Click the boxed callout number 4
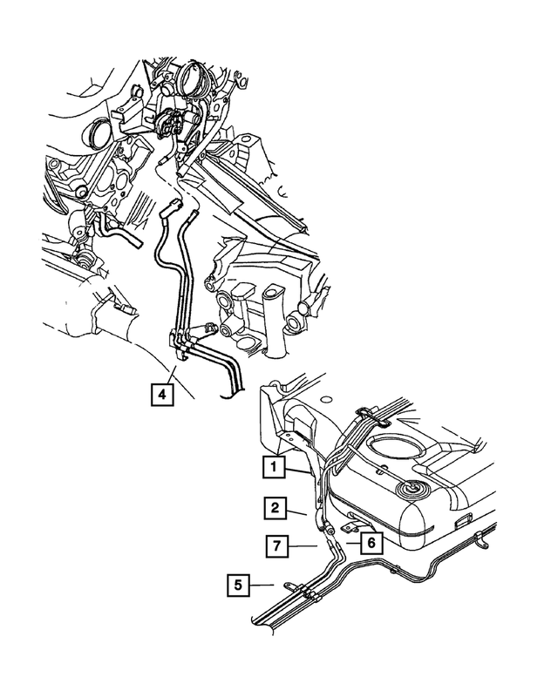click(x=162, y=394)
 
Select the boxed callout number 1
click(x=274, y=466)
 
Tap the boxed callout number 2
click(x=276, y=508)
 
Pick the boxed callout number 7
click(x=277, y=545)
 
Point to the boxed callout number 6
click(x=371, y=541)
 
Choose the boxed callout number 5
click(x=238, y=585)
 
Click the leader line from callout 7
click(x=303, y=546)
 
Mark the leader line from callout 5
click(x=262, y=585)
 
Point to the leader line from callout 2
click(x=296, y=511)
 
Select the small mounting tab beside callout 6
click(x=353, y=527)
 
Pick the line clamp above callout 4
click(x=180, y=344)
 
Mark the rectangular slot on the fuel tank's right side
click(x=463, y=521)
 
